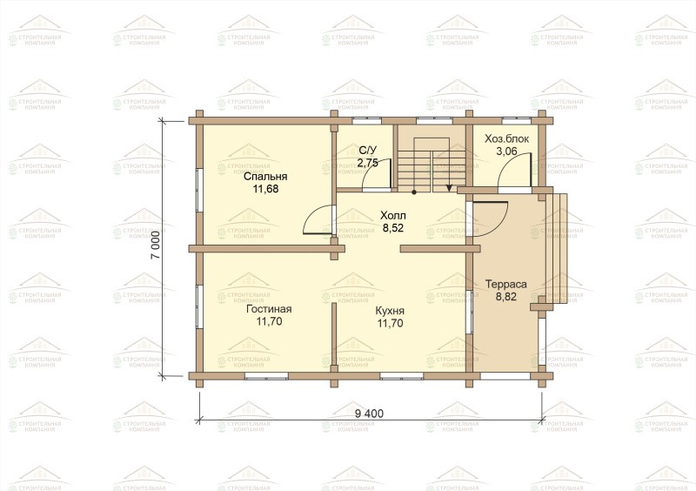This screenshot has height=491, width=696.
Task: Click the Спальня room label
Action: pyautogui.click(x=265, y=177)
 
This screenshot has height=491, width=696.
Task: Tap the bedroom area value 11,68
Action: pyautogui.click(x=265, y=189)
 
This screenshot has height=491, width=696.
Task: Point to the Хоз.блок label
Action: pyautogui.click(x=507, y=138)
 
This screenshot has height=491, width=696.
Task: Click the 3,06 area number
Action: pyautogui.click(x=506, y=151)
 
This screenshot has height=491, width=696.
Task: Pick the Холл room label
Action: pyautogui.click(x=393, y=216)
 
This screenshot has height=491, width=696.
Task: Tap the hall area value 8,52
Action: pyautogui.click(x=393, y=228)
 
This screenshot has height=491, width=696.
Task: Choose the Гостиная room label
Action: pyautogui.click(x=269, y=309)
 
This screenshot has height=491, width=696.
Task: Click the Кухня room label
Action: pyautogui.click(x=390, y=311)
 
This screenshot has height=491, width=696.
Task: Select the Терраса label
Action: pyautogui.click(x=506, y=284)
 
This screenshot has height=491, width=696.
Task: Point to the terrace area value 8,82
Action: pyautogui.click(x=506, y=296)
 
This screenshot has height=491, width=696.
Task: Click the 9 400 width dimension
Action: pyautogui.click(x=369, y=414)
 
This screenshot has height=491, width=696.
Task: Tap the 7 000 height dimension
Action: pyautogui.click(x=155, y=245)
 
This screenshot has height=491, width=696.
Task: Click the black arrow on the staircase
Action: pyautogui.click(x=449, y=187)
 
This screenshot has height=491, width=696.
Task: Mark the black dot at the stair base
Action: pyautogui.click(x=414, y=192)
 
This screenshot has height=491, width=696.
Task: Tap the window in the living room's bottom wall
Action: pyautogui.click(x=266, y=376)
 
